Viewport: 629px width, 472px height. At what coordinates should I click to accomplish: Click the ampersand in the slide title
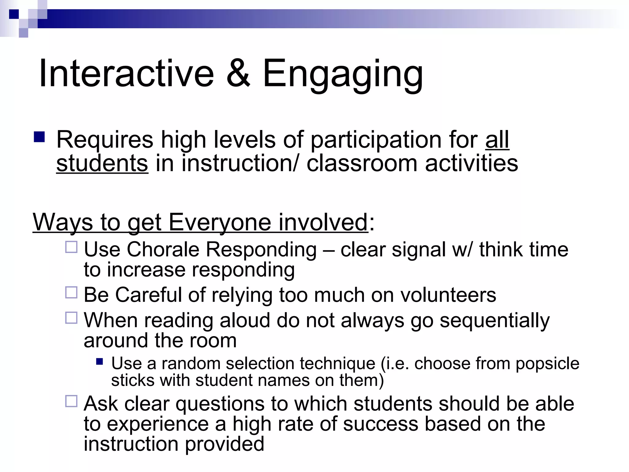click(x=238, y=74)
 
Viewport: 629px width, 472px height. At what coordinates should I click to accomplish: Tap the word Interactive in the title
click(x=126, y=74)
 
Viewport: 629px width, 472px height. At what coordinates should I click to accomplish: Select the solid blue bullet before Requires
click(x=39, y=137)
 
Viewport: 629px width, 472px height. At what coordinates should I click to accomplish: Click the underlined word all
click(x=497, y=140)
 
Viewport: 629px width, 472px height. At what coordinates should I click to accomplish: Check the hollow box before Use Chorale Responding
click(x=71, y=247)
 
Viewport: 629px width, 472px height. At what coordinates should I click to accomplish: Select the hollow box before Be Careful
click(x=71, y=293)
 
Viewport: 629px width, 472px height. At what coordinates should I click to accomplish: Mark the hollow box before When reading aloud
click(x=71, y=318)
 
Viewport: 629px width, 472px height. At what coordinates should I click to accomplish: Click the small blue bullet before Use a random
click(x=99, y=361)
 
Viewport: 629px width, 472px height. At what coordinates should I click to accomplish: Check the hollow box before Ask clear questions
click(x=71, y=401)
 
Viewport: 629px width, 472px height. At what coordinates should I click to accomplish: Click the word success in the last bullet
click(x=380, y=424)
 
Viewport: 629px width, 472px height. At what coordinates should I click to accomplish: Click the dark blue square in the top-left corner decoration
click(x=14, y=14)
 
